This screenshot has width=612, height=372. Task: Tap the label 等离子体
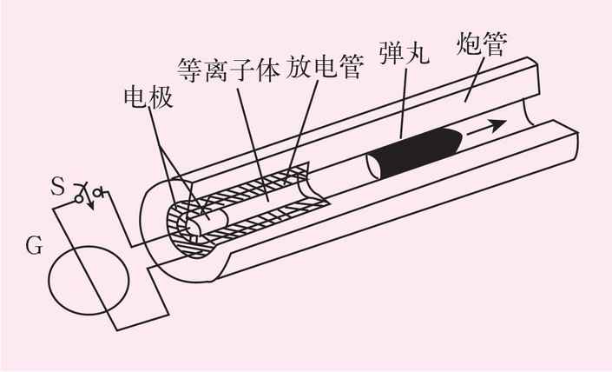[229, 70]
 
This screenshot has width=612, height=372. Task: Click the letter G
[34, 246]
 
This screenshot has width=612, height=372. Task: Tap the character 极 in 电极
[162, 97]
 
